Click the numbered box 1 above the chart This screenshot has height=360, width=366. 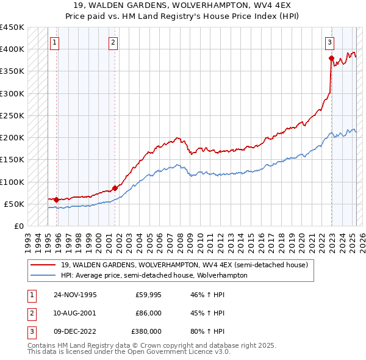coord(56,43)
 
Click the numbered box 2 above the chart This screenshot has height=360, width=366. coord(114,43)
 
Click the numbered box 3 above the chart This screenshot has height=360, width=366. coord(329,43)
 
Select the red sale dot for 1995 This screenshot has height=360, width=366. coord(56,200)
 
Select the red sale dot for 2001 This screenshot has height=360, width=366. coord(115,188)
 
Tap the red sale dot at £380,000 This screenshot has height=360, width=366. coord(331,59)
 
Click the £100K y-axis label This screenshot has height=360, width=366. coord(12,182)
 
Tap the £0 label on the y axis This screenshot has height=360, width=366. coord(18,226)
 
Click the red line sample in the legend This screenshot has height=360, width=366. coord(43,265)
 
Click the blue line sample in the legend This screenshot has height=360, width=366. coord(43,275)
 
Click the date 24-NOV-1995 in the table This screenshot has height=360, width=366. coord(76,295)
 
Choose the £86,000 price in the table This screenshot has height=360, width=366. coord(148,313)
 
